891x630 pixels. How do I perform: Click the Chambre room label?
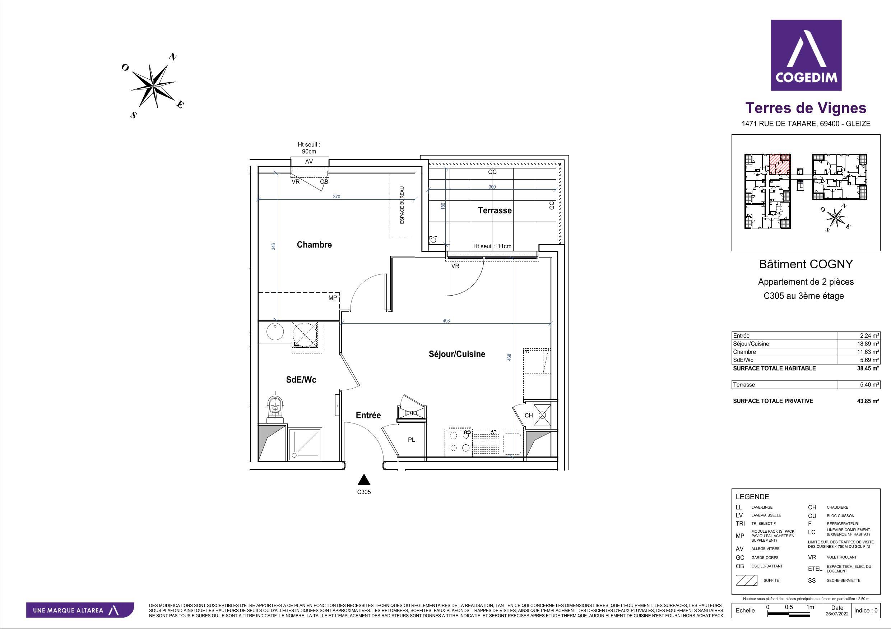pyautogui.click(x=314, y=245)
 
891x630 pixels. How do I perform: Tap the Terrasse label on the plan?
pyautogui.click(x=495, y=210)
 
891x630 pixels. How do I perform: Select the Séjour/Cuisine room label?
pyautogui.click(x=457, y=354)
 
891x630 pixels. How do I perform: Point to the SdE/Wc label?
pyautogui.click(x=301, y=380)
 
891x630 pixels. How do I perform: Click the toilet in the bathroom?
pyautogui.click(x=275, y=409)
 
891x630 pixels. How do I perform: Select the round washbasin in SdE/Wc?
pyautogui.click(x=275, y=332)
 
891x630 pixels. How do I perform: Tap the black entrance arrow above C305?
pyautogui.click(x=363, y=480)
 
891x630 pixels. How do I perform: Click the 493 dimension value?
pyautogui.click(x=446, y=321)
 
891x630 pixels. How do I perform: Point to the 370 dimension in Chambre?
pyautogui.click(x=337, y=197)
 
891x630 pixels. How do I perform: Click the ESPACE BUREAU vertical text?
pyautogui.click(x=402, y=205)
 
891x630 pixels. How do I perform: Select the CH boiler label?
pyautogui.click(x=529, y=415)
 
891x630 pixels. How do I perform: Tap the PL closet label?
pyautogui.click(x=411, y=440)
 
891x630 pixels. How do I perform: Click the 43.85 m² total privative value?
pyautogui.click(x=867, y=401)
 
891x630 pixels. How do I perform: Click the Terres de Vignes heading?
pyautogui.click(x=806, y=108)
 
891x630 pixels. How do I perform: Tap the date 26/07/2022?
pyautogui.click(x=837, y=614)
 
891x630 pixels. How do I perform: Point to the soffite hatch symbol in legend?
pyautogui.click(x=746, y=580)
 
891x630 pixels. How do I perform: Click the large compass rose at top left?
pyautogui.click(x=153, y=85)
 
